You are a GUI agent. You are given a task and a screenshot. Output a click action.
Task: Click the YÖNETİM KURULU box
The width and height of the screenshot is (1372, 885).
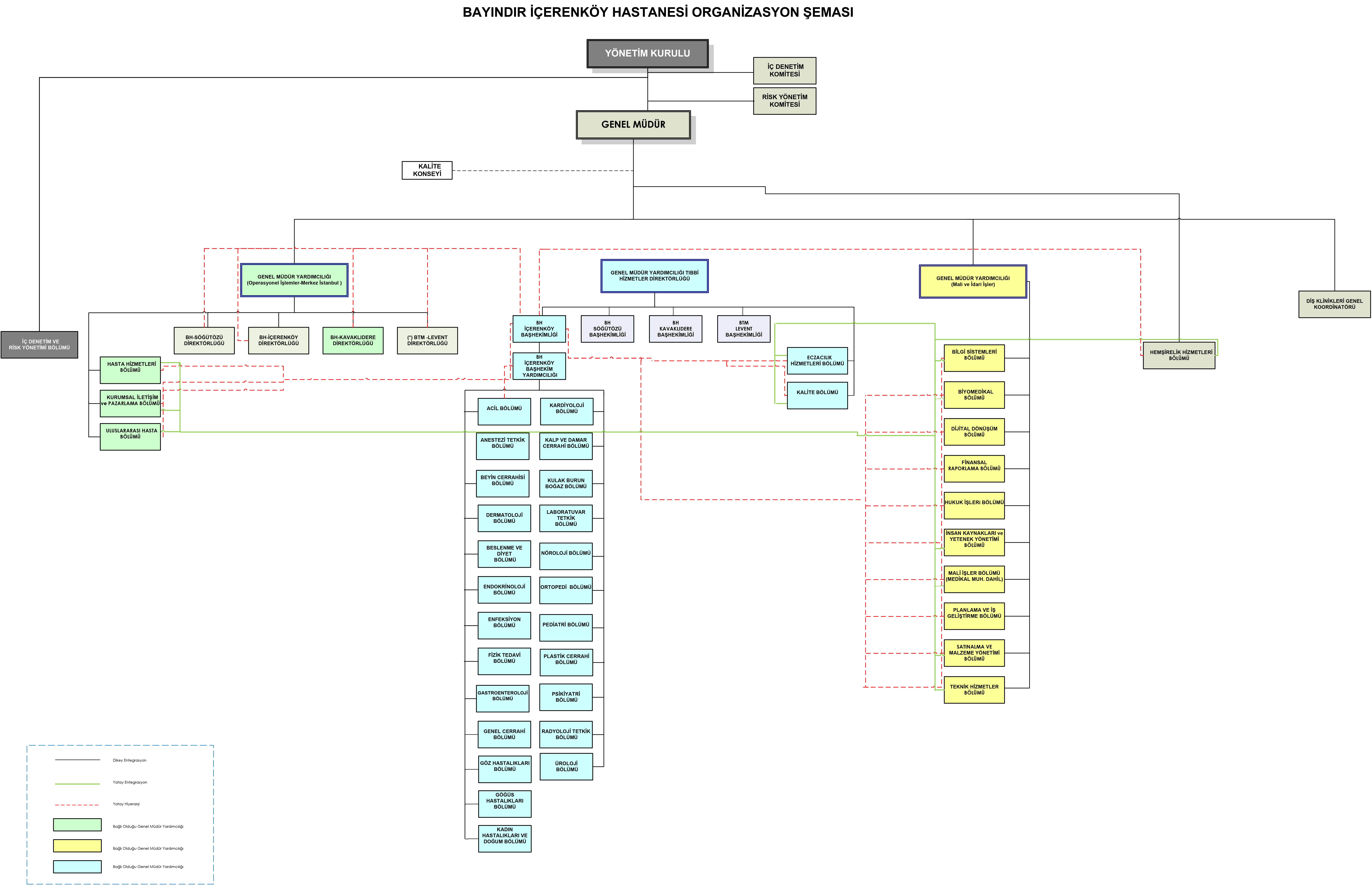click(x=647, y=54)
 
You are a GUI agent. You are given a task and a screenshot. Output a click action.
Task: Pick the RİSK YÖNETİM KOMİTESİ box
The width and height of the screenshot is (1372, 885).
click(x=785, y=101)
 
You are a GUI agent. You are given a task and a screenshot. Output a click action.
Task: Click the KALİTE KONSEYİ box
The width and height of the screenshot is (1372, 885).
click(x=427, y=170)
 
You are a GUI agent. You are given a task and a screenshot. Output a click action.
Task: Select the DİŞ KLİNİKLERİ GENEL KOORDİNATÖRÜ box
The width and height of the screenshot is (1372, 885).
click(x=1334, y=304)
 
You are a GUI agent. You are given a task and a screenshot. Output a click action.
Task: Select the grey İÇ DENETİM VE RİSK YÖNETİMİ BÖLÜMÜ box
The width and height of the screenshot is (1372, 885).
click(x=39, y=345)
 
